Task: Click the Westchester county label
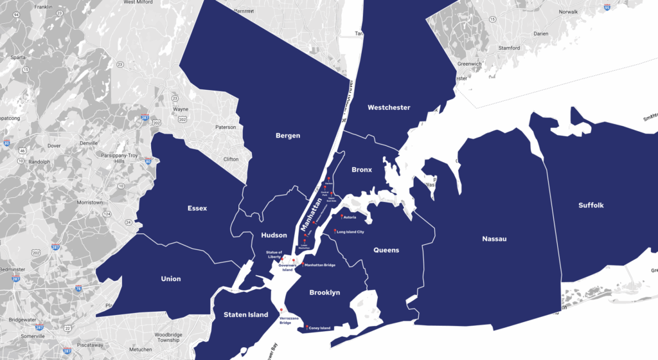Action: (389, 107)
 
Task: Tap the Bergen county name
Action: (288, 136)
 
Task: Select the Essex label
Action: (197, 208)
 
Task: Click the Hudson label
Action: (274, 235)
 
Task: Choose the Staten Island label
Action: (245, 314)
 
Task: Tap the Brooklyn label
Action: (325, 292)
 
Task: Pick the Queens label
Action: (386, 250)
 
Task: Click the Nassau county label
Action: (494, 239)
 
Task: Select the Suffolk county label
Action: (591, 205)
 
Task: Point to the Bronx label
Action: (362, 170)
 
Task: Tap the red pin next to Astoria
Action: (341, 217)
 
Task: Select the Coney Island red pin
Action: (307, 327)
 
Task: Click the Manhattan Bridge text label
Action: (319, 265)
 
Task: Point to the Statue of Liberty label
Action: (275, 255)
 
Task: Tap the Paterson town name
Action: (226, 127)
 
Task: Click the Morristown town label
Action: (89, 203)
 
